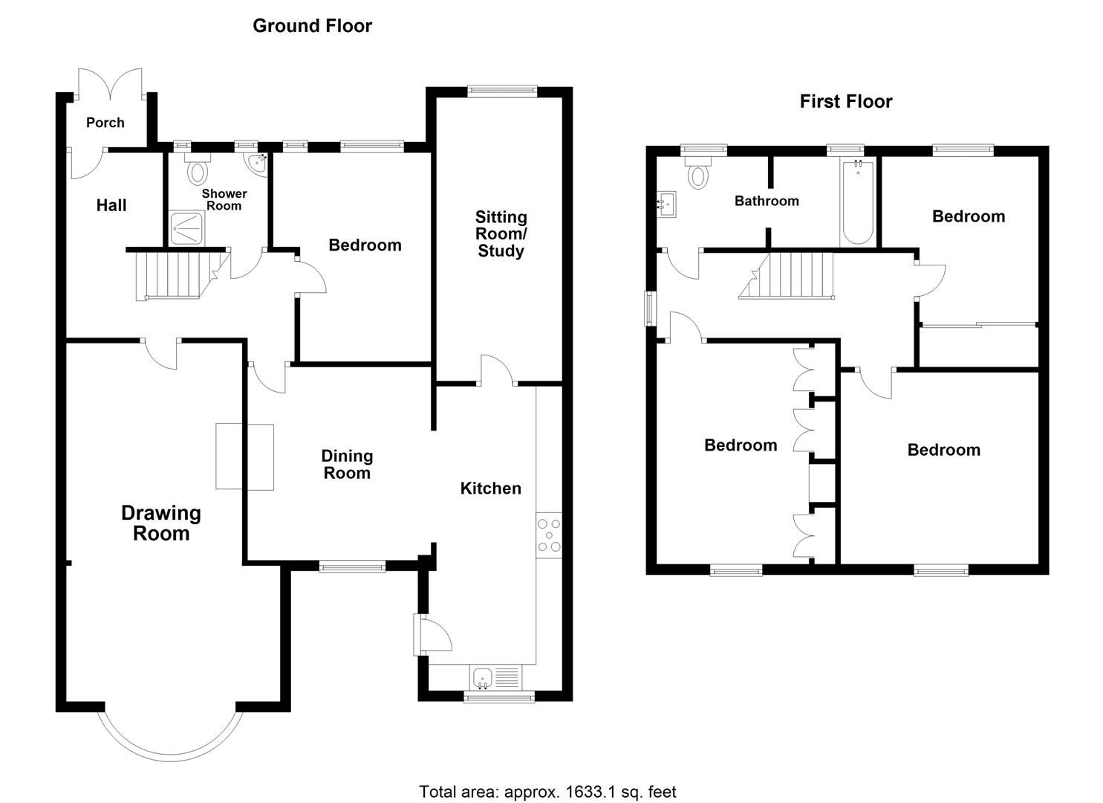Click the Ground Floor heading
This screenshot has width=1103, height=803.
tap(312, 26)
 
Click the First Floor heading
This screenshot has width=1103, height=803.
tap(845, 102)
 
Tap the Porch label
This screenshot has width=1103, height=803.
tap(105, 123)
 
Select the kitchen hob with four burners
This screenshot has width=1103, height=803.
tap(550, 535)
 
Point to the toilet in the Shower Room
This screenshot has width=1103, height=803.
tap(198, 170)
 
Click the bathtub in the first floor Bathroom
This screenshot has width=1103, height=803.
tap(858, 201)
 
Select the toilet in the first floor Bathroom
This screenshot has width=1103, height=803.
tap(698, 172)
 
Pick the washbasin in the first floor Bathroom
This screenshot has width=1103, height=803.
tap(668, 203)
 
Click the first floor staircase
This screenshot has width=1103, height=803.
tap(789, 275)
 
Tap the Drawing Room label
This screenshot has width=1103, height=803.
tap(160, 523)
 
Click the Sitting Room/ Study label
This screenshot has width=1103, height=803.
tap(501, 233)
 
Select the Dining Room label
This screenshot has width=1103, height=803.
tap(347, 465)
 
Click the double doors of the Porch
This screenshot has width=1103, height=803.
tap(110, 83)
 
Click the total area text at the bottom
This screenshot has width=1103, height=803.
tap(547, 792)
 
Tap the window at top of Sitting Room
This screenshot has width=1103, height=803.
tap(502, 91)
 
